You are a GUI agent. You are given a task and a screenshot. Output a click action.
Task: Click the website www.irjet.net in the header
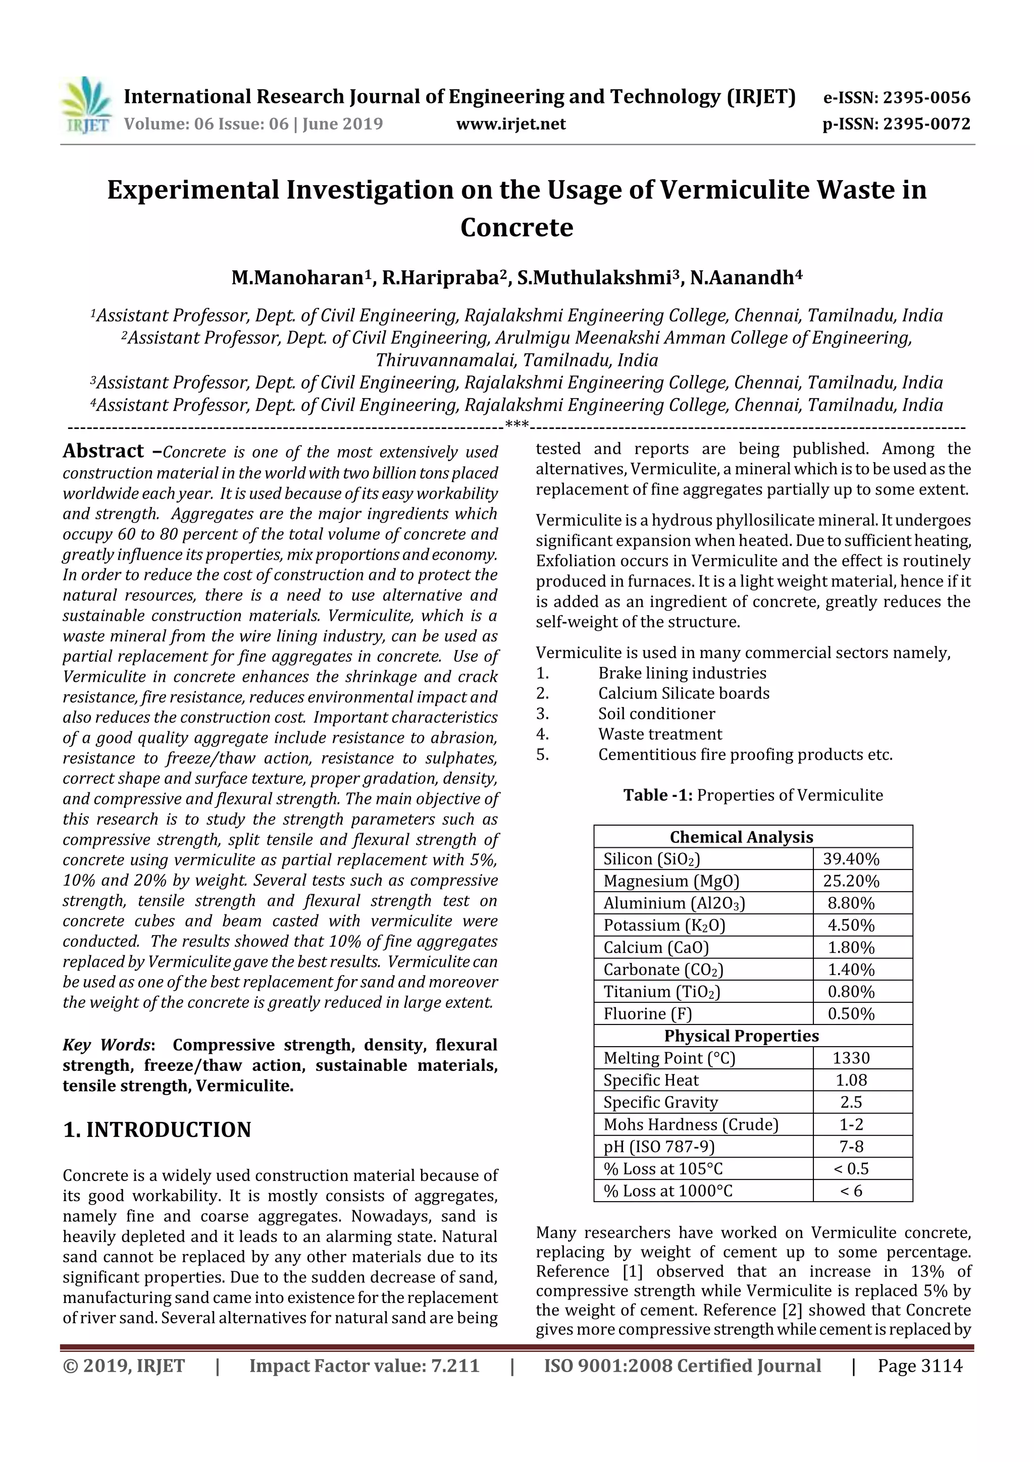click(x=510, y=124)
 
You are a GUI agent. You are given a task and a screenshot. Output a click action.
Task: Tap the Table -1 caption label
click(x=657, y=795)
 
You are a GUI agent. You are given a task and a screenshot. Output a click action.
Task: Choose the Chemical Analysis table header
click(x=741, y=837)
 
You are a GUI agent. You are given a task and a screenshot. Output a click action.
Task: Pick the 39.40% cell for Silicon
click(x=851, y=859)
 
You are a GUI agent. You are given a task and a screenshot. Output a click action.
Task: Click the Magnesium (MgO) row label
click(x=671, y=881)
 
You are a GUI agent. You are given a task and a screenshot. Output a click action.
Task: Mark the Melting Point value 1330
click(x=851, y=1058)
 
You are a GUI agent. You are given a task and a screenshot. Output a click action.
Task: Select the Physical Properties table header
click(x=741, y=1036)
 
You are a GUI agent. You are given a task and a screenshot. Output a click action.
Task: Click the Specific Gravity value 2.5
click(x=851, y=1102)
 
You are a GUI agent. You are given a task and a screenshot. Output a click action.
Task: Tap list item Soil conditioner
click(x=656, y=714)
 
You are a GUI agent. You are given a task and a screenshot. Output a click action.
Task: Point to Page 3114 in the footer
click(x=919, y=1366)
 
